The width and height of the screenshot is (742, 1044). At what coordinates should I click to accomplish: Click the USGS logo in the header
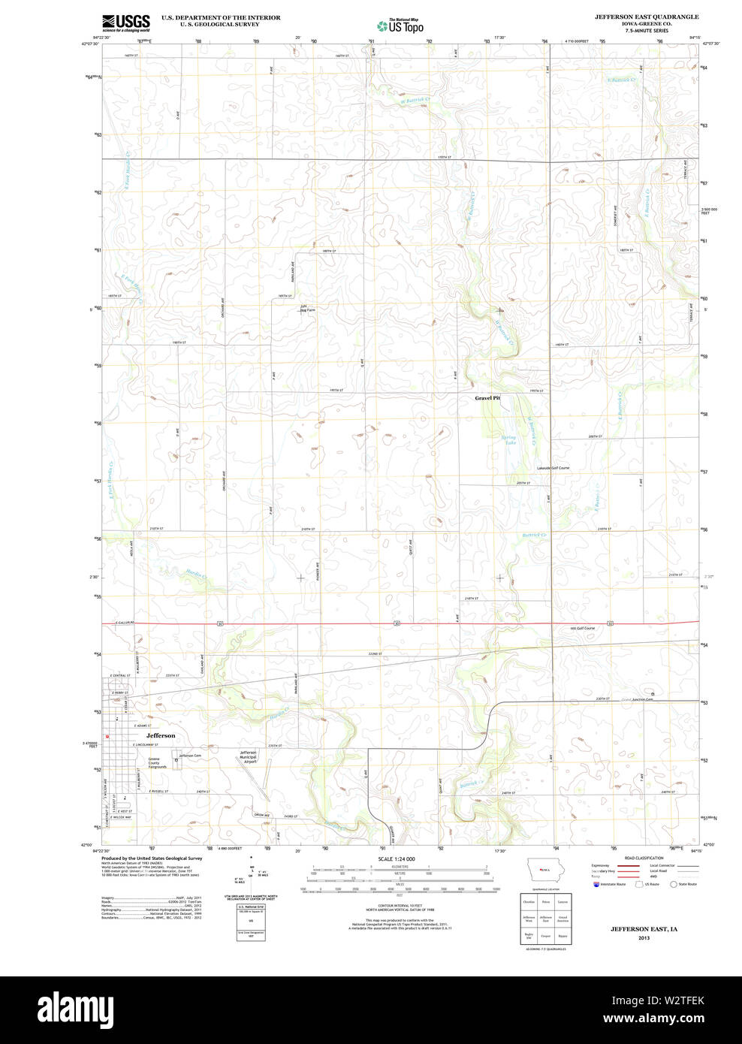126,23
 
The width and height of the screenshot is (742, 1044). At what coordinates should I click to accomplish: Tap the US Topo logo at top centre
400,26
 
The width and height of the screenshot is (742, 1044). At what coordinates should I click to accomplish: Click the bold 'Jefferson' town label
161,735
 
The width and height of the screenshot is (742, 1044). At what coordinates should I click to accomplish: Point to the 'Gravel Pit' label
487,398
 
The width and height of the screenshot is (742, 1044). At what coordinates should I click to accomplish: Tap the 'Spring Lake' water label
510,439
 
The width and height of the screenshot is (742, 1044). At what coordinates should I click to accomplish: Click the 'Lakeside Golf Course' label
553,468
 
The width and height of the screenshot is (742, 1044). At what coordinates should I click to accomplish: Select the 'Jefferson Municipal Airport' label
249,757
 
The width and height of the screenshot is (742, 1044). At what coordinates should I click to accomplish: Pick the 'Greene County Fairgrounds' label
157,762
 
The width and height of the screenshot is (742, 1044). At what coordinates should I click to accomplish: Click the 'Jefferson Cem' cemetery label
190,756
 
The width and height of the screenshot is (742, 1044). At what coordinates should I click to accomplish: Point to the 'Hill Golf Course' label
583,628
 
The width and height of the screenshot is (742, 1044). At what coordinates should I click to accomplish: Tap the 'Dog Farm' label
305,309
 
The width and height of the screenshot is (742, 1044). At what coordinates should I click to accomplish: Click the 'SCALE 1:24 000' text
397,858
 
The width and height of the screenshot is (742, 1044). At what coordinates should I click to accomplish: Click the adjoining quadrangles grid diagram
546,919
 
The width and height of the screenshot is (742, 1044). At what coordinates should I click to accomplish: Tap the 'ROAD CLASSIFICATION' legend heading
644,858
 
